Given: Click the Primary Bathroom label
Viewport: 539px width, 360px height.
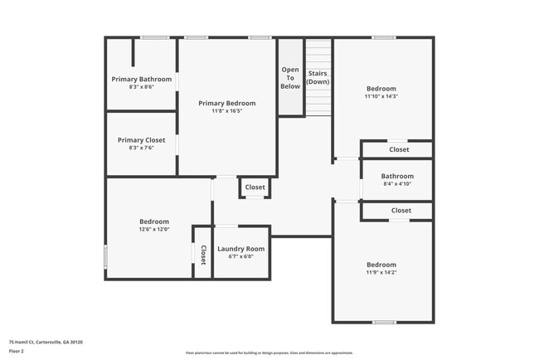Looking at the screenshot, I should tap(142, 79).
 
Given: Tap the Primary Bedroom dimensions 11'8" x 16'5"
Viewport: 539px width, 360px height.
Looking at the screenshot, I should tap(226, 111).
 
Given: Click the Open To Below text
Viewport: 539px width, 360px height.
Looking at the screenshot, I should tap(290, 78).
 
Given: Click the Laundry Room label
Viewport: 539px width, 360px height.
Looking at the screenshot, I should tap(240, 249).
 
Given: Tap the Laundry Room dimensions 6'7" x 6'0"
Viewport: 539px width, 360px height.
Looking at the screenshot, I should tap(240, 257).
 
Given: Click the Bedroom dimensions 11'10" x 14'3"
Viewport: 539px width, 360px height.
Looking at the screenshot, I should tap(381, 96).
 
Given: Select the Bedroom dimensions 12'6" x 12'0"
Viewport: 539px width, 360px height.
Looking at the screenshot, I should tap(154, 230).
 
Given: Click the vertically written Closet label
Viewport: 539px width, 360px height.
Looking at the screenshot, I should tap(203, 255).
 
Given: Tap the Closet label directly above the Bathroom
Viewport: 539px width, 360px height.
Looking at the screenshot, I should tap(399, 150).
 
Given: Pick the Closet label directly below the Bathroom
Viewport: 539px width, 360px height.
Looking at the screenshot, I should tap(401, 211).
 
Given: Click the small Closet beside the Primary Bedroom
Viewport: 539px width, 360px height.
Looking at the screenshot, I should tap(255, 187).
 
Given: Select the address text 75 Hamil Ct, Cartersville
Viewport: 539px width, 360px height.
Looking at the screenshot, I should tap(46, 342).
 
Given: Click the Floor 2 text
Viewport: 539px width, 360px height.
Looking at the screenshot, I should tap(17, 352).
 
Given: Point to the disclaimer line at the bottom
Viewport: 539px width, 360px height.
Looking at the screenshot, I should tap(269, 353).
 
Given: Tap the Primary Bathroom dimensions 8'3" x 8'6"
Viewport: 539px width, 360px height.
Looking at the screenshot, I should tap(142, 87).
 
